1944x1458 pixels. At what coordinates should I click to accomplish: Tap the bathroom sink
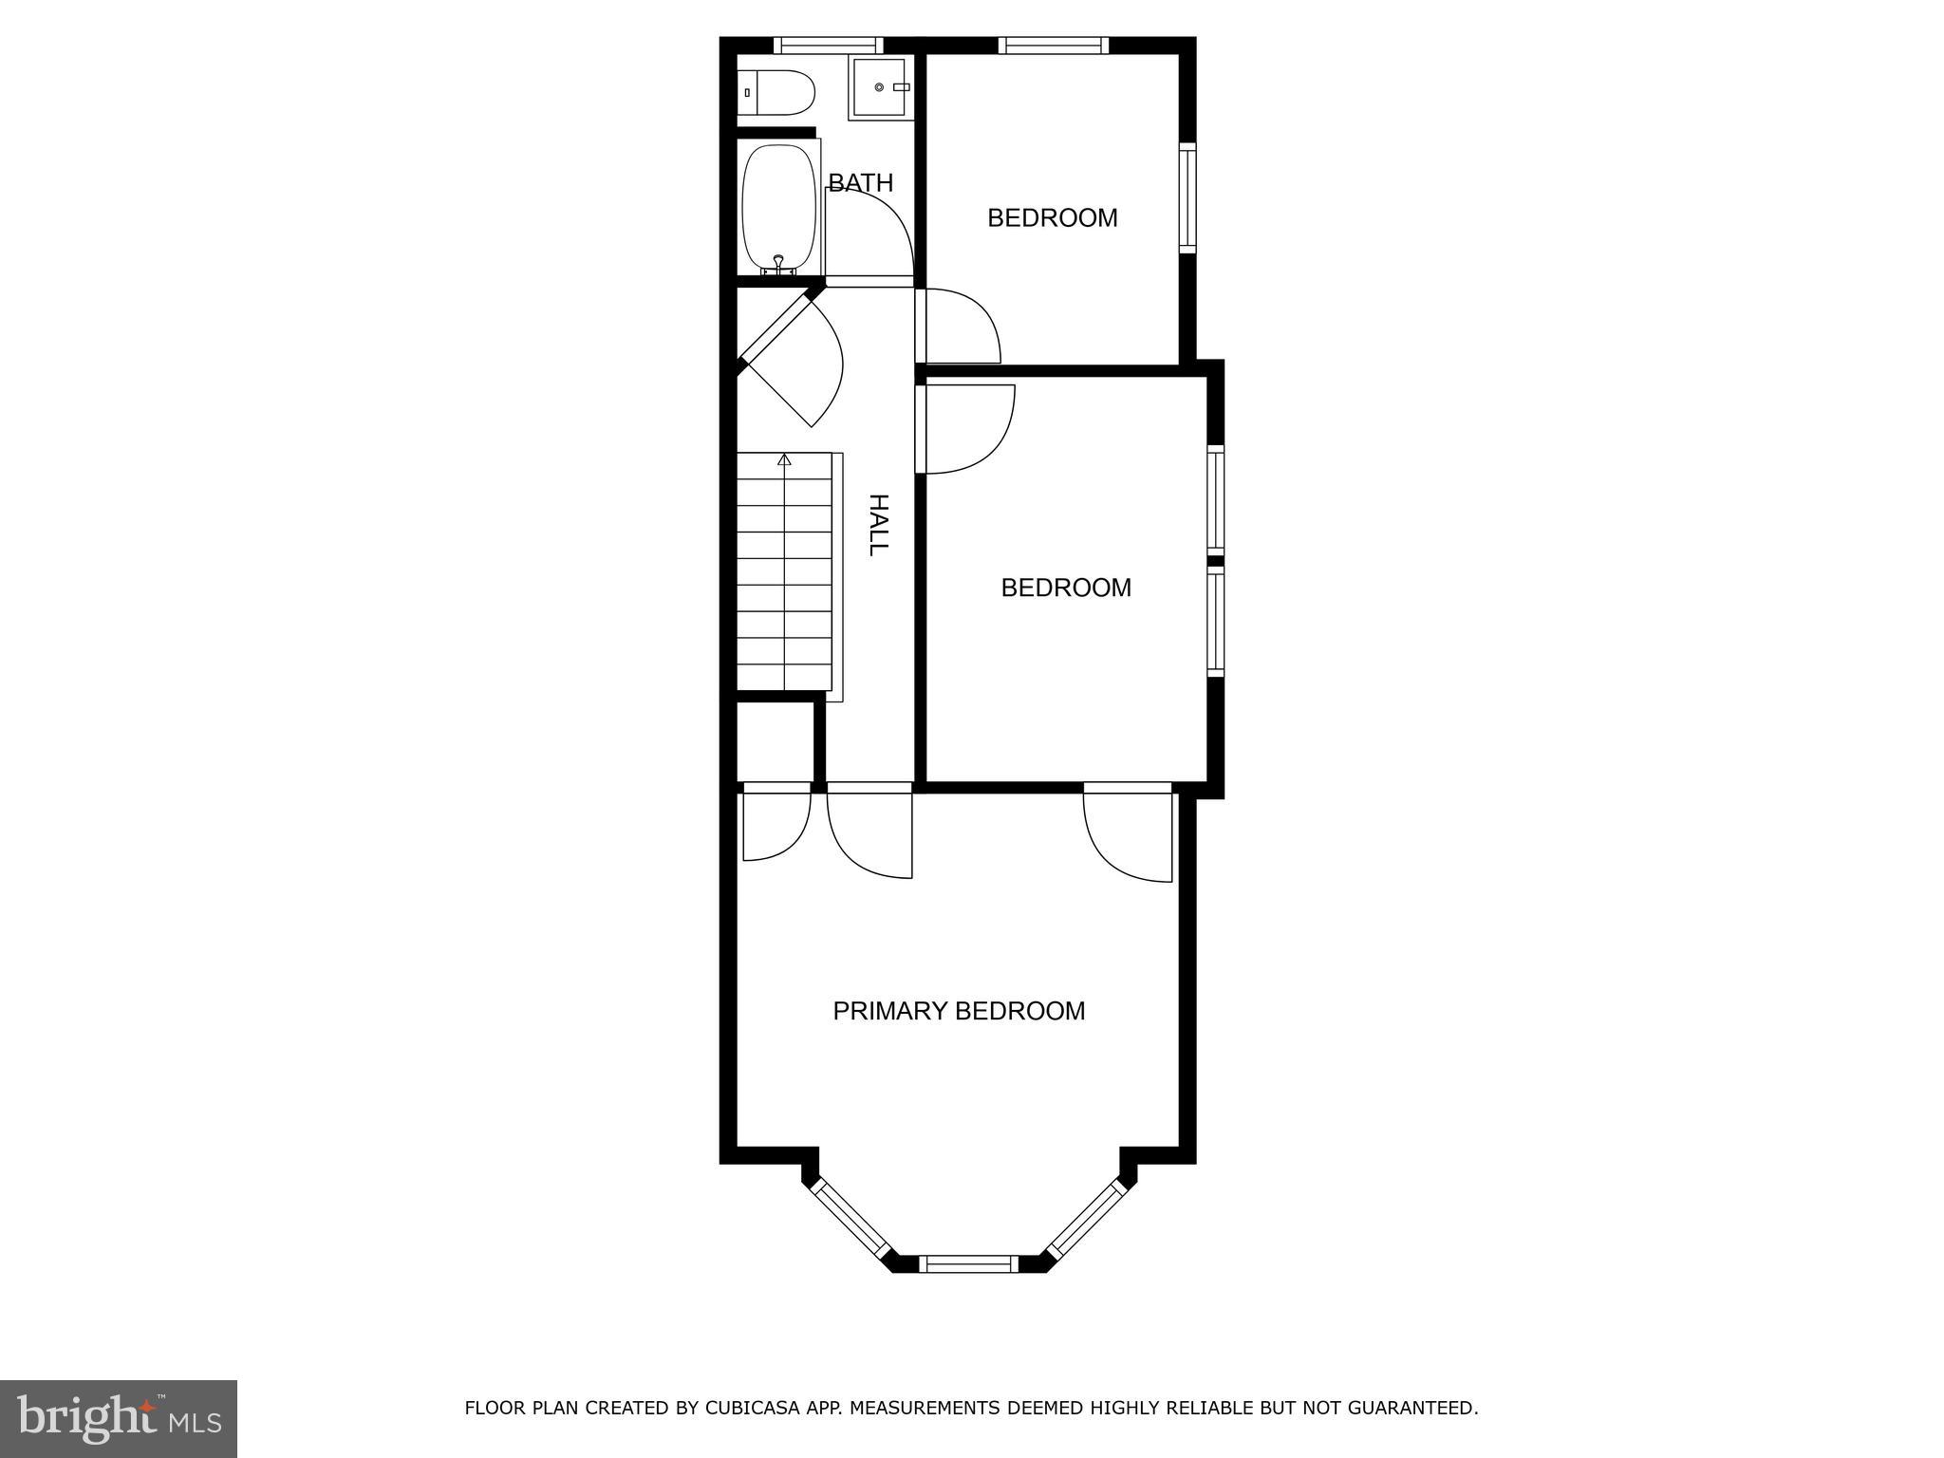click(x=879, y=87)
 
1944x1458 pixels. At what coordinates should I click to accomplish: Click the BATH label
click(x=860, y=182)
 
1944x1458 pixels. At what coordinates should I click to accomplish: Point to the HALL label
click(x=879, y=525)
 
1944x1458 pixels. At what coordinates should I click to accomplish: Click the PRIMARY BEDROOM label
click(x=959, y=1011)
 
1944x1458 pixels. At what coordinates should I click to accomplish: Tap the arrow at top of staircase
click(x=784, y=460)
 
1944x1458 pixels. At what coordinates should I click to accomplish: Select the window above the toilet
click(x=828, y=45)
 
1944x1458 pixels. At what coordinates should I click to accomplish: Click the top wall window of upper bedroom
click(x=1053, y=45)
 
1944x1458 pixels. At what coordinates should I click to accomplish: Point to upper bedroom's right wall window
click(x=1187, y=197)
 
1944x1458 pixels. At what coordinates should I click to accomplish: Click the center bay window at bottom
click(x=968, y=1263)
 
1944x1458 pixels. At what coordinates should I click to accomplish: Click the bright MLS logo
click(x=119, y=1419)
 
